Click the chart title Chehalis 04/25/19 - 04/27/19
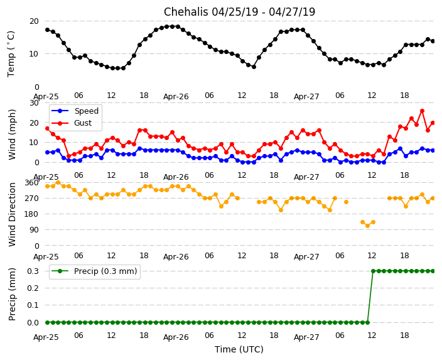click(239, 12)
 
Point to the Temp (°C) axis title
click(11, 53)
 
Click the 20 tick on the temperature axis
click(33, 21)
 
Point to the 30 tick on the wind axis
click(33, 102)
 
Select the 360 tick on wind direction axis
click(31, 182)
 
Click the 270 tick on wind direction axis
click(31, 198)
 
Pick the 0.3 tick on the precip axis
click(31, 271)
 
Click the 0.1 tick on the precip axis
click(31, 305)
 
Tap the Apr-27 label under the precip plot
click(306, 337)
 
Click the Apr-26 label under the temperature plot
click(176, 97)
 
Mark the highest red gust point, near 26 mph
click(422, 111)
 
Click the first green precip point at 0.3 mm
click(373, 271)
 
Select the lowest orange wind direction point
click(367, 226)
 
